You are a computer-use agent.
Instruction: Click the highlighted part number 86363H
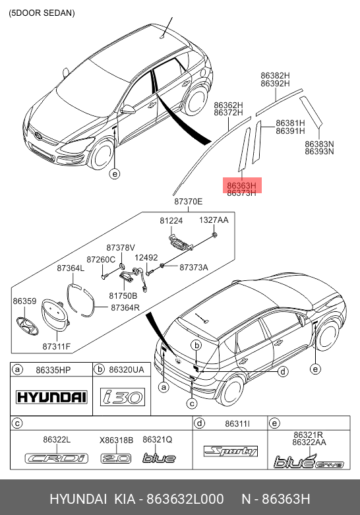pyautogui.click(x=241, y=185)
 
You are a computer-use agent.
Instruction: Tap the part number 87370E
pyautogui.click(x=188, y=201)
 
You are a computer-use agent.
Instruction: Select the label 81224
pyautogui.click(x=171, y=221)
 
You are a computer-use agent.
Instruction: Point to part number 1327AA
pyautogui.click(x=214, y=220)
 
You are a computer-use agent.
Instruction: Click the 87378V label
pyautogui.click(x=121, y=248)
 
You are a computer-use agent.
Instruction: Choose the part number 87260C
pyautogui.click(x=101, y=259)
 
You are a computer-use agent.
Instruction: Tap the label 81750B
pyautogui.click(x=123, y=295)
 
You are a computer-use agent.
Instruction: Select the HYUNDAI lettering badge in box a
pyautogui.click(x=51, y=397)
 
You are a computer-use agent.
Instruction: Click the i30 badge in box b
pyautogui.click(x=123, y=397)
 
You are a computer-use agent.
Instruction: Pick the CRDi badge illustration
pyautogui.click(x=57, y=458)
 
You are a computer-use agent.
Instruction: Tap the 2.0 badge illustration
pyautogui.click(x=116, y=458)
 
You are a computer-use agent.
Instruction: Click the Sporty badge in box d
pyautogui.click(x=231, y=451)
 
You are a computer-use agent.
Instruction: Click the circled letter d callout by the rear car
pyautogui.click(x=282, y=372)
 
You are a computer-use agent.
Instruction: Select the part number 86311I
pyautogui.click(x=237, y=424)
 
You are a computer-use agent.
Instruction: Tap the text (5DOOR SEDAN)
pyautogui.click(x=42, y=13)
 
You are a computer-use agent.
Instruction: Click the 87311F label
pyautogui.click(x=57, y=346)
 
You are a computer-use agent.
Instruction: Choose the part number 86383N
pyautogui.click(x=319, y=144)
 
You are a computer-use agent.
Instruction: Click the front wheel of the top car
pyautogui.click(x=101, y=155)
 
